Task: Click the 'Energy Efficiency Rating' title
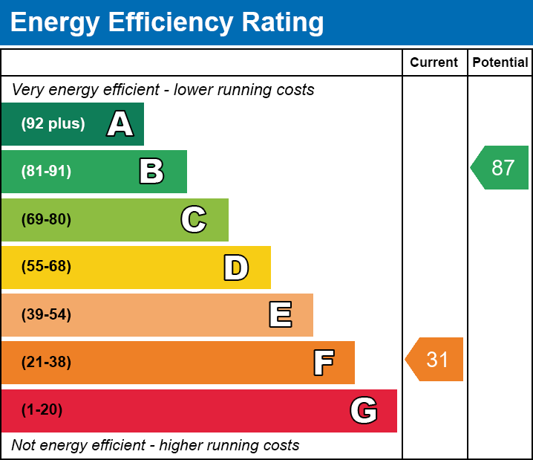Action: (x=167, y=23)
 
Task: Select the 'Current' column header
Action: (x=434, y=62)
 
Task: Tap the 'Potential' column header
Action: (x=500, y=62)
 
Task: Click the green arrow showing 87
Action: (x=500, y=167)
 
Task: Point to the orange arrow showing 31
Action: (x=434, y=359)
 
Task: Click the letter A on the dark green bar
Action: (x=120, y=123)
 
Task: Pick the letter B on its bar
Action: (x=151, y=171)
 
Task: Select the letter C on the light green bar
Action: (x=194, y=219)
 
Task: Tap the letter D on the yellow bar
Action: (x=236, y=268)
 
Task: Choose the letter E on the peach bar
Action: (x=281, y=314)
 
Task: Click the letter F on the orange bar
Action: (x=324, y=363)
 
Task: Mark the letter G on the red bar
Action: (x=364, y=410)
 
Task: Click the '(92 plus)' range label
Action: (x=53, y=123)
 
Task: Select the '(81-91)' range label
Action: (x=46, y=171)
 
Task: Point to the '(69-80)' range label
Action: (x=46, y=219)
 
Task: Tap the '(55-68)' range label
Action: (x=46, y=266)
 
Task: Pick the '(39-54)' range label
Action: (x=46, y=314)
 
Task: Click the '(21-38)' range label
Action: (x=46, y=362)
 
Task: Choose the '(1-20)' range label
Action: (x=42, y=409)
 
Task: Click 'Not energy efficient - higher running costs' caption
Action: (x=155, y=445)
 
